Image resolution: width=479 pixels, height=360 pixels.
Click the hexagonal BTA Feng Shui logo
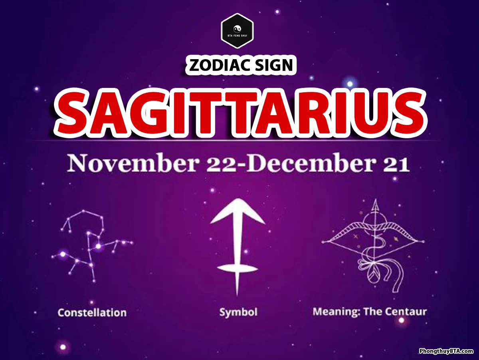237,31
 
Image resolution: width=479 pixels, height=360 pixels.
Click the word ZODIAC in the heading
219,65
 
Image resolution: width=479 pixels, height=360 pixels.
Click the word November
133,163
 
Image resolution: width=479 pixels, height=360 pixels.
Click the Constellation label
92,312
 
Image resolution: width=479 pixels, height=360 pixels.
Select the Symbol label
238,312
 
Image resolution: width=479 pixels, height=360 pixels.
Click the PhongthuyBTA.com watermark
446,351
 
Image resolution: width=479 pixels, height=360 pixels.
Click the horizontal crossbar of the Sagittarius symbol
238,268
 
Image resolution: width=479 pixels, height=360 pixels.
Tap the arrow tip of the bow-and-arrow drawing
375,200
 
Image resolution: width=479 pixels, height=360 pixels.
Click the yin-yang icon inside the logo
237,29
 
